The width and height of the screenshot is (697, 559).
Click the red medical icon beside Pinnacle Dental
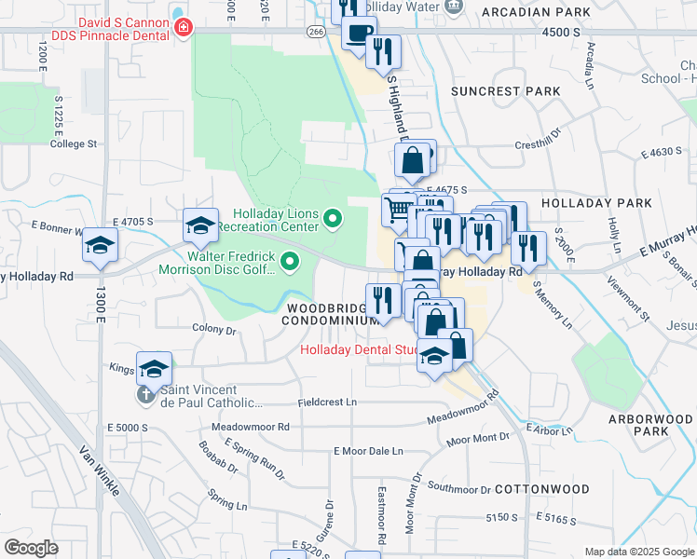click(x=184, y=28)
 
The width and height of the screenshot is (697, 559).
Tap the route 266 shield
click(x=317, y=31)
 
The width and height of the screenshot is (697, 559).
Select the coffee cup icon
click(x=358, y=34)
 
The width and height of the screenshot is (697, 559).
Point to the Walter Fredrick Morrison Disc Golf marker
click(x=290, y=263)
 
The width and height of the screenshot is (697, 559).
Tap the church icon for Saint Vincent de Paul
click(x=146, y=395)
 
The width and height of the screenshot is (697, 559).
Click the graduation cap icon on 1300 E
click(x=99, y=246)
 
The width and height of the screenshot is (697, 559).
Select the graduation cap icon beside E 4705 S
click(x=200, y=225)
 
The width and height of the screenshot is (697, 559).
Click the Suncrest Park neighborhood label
click(x=506, y=91)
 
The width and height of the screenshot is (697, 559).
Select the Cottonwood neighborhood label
click(x=542, y=488)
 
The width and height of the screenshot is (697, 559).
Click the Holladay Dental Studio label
click(x=359, y=350)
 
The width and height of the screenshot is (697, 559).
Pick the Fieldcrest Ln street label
click(x=327, y=402)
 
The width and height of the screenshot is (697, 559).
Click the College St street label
click(x=74, y=144)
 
